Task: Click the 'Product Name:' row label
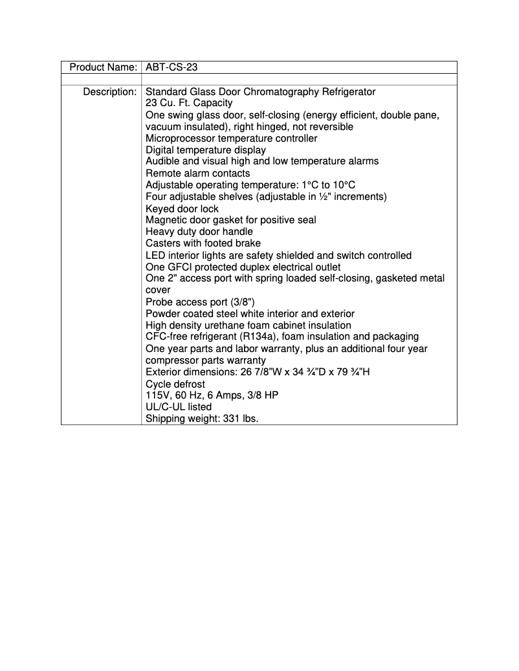tap(103, 67)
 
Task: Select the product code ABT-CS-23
tap(171, 67)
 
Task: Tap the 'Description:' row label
tap(109, 92)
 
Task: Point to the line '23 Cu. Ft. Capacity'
tap(189, 103)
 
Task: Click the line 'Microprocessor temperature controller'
tap(232, 138)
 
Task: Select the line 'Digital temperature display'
tap(206, 150)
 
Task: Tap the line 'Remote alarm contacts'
tap(197, 173)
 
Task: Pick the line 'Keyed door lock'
tap(182, 208)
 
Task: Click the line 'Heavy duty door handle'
tap(199, 232)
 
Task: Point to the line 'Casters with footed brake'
tap(203, 243)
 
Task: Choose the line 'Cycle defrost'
tap(175, 384)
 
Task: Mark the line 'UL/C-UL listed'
tap(179, 407)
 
